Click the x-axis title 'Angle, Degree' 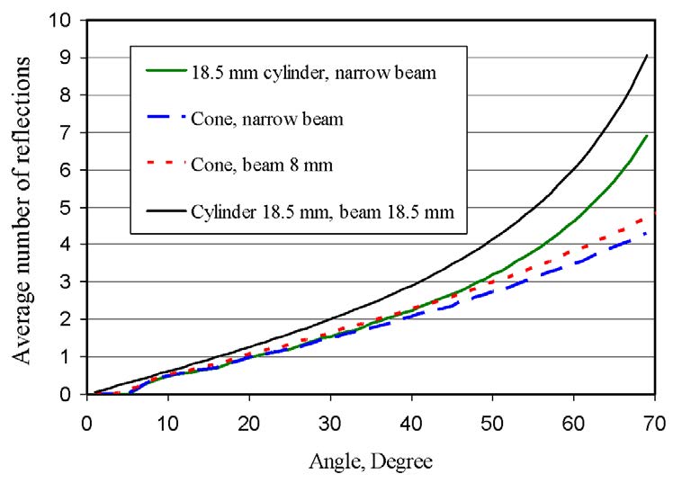[x=372, y=463]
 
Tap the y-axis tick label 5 [x=66, y=207]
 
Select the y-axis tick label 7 [x=66, y=132]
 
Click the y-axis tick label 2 [x=66, y=319]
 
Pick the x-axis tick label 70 [x=655, y=418]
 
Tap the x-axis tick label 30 [x=330, y=418]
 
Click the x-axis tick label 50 [x=493, y=418]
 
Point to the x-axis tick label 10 [x=168, y=418]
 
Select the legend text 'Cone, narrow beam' [x=255, y=118]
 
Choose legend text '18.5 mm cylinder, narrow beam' [x=313, y=72]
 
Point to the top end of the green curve [x=647, y=135]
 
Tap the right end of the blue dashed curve [x=646, y=234]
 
